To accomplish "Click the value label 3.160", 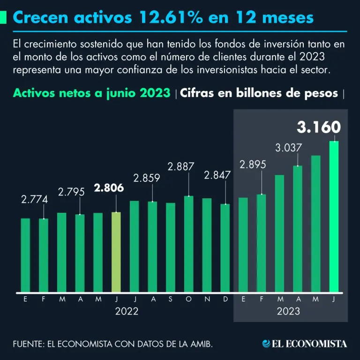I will [x=318, y=127].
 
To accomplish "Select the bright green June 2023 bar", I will [x=334, y=216].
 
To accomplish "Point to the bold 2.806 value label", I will [x=109, y=188].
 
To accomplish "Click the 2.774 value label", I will [x=34, y=199].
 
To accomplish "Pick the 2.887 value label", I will [x=181, y=166].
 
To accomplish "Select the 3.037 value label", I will [x=288, y=148].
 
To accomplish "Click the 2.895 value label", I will [x=253, y=165].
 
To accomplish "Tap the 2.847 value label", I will [x=217, y=175].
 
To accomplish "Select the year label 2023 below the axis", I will [x=288, y=311].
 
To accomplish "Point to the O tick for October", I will [x=188, y=299].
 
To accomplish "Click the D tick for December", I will [x=225, y=299].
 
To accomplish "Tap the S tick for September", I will [x=171, y=299].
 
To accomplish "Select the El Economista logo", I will [x=305, y=344].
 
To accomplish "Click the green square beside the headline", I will [x=3, y=17].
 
